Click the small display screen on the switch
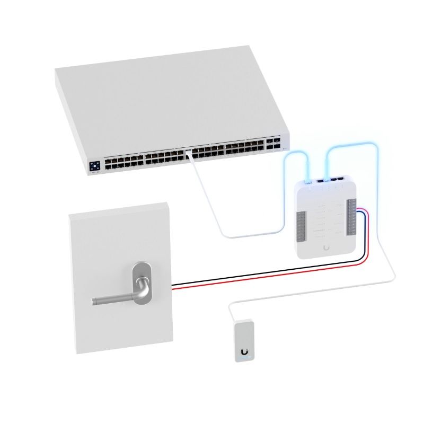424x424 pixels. tap(95, 166)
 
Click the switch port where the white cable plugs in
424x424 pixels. tap(188, 154)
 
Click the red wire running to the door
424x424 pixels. tap(265, 280)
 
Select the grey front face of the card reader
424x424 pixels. tap(244, 342)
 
